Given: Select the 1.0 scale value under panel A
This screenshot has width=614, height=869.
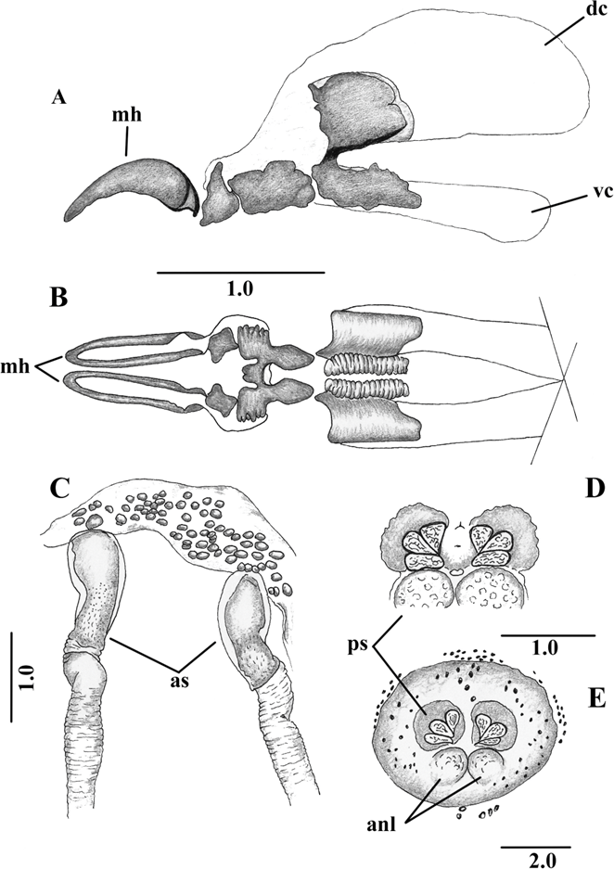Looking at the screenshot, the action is coord(240,288).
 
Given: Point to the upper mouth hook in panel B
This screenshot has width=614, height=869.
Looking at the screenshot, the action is coord(130,346).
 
